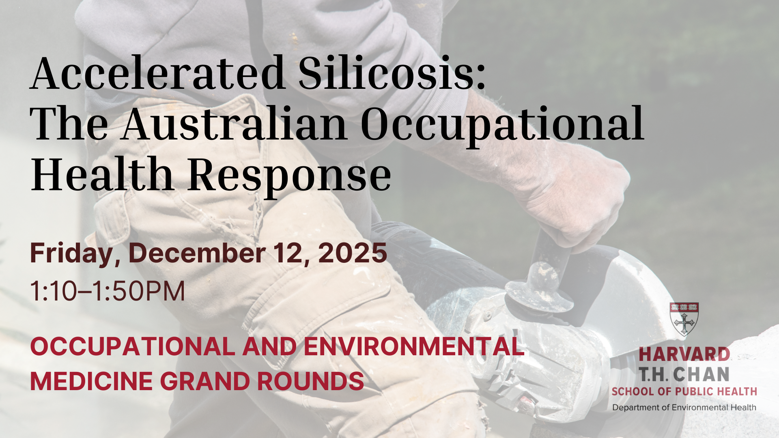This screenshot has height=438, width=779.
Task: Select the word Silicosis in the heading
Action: (392, 73)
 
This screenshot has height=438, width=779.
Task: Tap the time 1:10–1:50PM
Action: (108, 291)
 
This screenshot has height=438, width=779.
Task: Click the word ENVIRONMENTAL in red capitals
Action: (414, 347)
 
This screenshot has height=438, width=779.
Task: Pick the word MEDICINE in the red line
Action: (92, 381)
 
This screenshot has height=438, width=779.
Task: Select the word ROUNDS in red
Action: (310, 381)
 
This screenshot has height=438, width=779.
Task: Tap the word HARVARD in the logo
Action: (684, 354)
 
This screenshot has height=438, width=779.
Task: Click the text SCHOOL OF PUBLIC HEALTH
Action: (684, 391)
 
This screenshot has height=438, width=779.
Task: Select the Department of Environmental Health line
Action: (684, 407)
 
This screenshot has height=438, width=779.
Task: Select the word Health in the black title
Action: (102, 174)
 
